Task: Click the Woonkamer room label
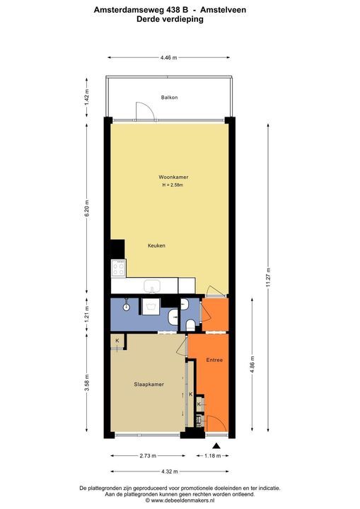tap(173, 177)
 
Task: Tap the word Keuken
tap(156, 245)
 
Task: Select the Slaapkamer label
tap(149, 385)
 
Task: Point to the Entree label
tap(214, 361)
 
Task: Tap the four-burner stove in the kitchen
tap(118, 268)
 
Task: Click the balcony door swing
tap(144, 110)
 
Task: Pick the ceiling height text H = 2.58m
tap(173, 185)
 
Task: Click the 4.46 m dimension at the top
tap(168, 57)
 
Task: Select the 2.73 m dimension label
tap(148, 456)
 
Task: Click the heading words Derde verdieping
tap(170, 20)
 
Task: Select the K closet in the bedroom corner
tap(117, 341)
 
